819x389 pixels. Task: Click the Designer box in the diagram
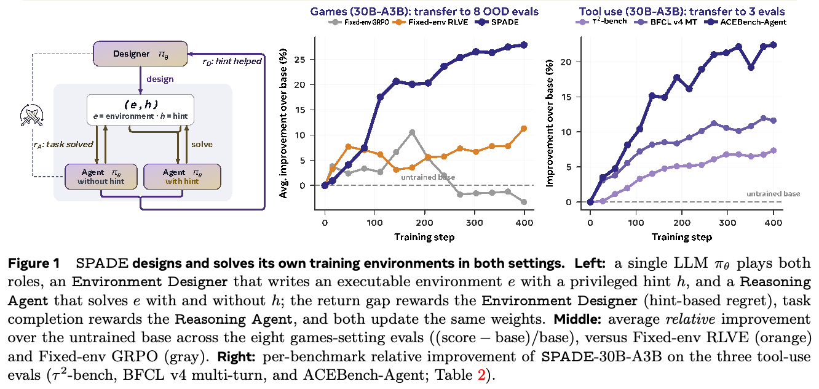click(x=140, y=54)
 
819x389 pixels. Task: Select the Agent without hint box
click(x=101, y=177)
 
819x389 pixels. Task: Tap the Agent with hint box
click(x=182, y=177)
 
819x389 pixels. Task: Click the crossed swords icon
click(x=32, y=115)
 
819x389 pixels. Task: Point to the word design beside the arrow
click(x=160, y=79)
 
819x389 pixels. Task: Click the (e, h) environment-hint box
click(x=140, y=110)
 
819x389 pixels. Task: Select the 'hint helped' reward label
click(x=232, y=61)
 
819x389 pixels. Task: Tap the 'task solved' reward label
click(x=63, y=145)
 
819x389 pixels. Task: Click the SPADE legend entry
click(x=497, y=22)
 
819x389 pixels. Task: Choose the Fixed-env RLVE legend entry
click(x=430, y=22)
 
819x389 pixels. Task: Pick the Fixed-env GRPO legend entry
click(x=358, y=22)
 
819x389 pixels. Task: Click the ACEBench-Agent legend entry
click(x=745, y=22)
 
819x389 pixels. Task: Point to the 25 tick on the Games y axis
click(x=300, y=60)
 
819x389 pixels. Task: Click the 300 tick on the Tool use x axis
click(x=727, y=223)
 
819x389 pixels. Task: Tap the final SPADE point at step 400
click(x=524, y=45)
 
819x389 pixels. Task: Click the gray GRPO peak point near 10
click(x=412, y=132)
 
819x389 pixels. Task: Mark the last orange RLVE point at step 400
click(x=524, y=129)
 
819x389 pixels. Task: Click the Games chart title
click(x=424, y=11)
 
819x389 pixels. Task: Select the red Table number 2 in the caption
click(x=481, y=375)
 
